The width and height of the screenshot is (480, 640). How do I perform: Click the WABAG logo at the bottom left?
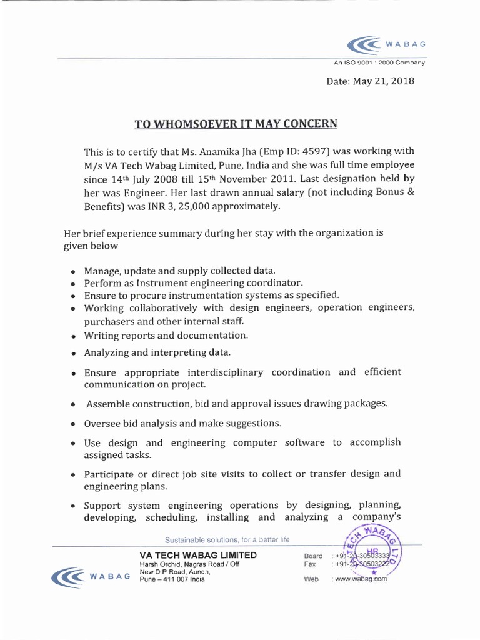(91, 576)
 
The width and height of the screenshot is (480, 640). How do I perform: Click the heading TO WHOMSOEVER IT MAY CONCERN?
(236, 123)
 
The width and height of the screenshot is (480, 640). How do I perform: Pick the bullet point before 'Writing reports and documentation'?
(74, 336)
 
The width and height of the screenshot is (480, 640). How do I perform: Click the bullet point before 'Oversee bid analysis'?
(74, 424)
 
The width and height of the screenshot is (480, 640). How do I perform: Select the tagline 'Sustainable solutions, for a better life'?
(227, 539)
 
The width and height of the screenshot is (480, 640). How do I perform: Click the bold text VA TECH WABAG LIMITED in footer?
(198, 555)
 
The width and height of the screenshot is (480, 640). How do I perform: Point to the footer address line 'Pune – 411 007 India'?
(172, 579)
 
